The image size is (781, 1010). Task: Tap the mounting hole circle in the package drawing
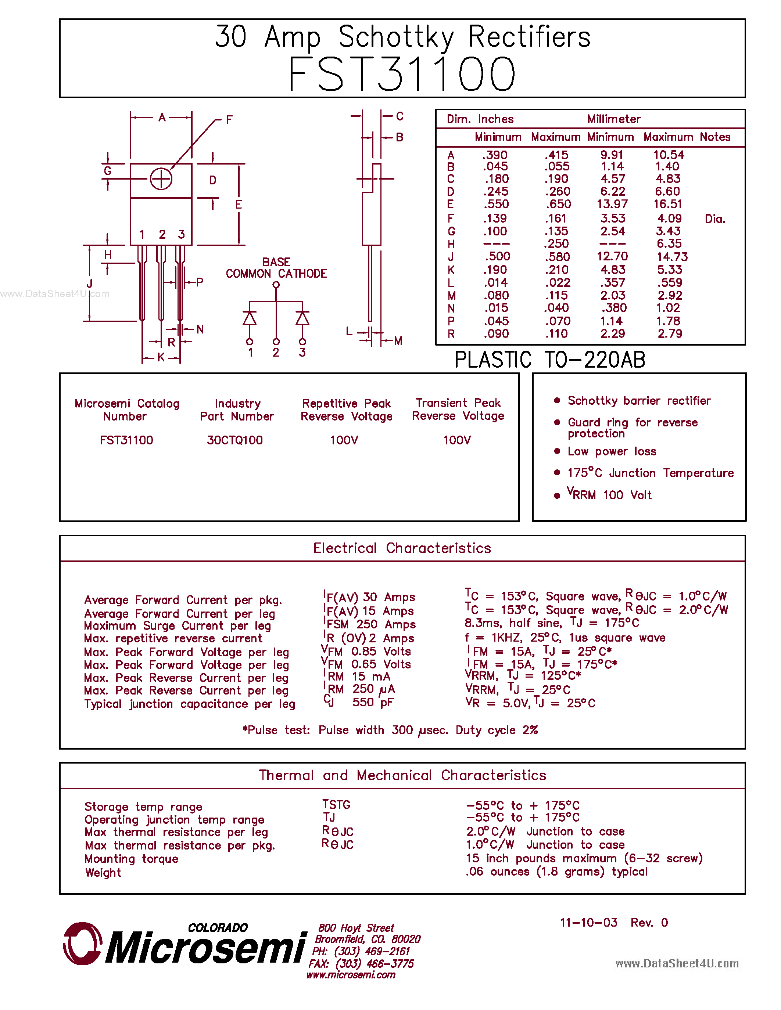pos(161,179)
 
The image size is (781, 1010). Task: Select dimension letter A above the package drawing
pos(161,118)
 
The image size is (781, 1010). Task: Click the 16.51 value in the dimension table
pos(668,204)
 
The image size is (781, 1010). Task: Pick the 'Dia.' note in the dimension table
pos(715,219)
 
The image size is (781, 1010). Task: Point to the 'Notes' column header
pos(715,137)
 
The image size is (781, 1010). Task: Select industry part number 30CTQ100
pos(234,440)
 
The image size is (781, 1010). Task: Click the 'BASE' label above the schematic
pos(276,262)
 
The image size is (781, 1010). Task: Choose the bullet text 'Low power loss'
pos(612,451)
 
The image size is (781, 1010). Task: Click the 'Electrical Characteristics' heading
pos(402,548)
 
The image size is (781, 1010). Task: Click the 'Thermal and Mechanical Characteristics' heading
pos(402,775)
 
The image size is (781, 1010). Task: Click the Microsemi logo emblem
pos(82,944)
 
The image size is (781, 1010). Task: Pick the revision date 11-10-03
pos(588,923)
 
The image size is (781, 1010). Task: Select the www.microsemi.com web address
pos(351,975)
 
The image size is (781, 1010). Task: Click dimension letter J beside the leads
pos(89,284)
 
